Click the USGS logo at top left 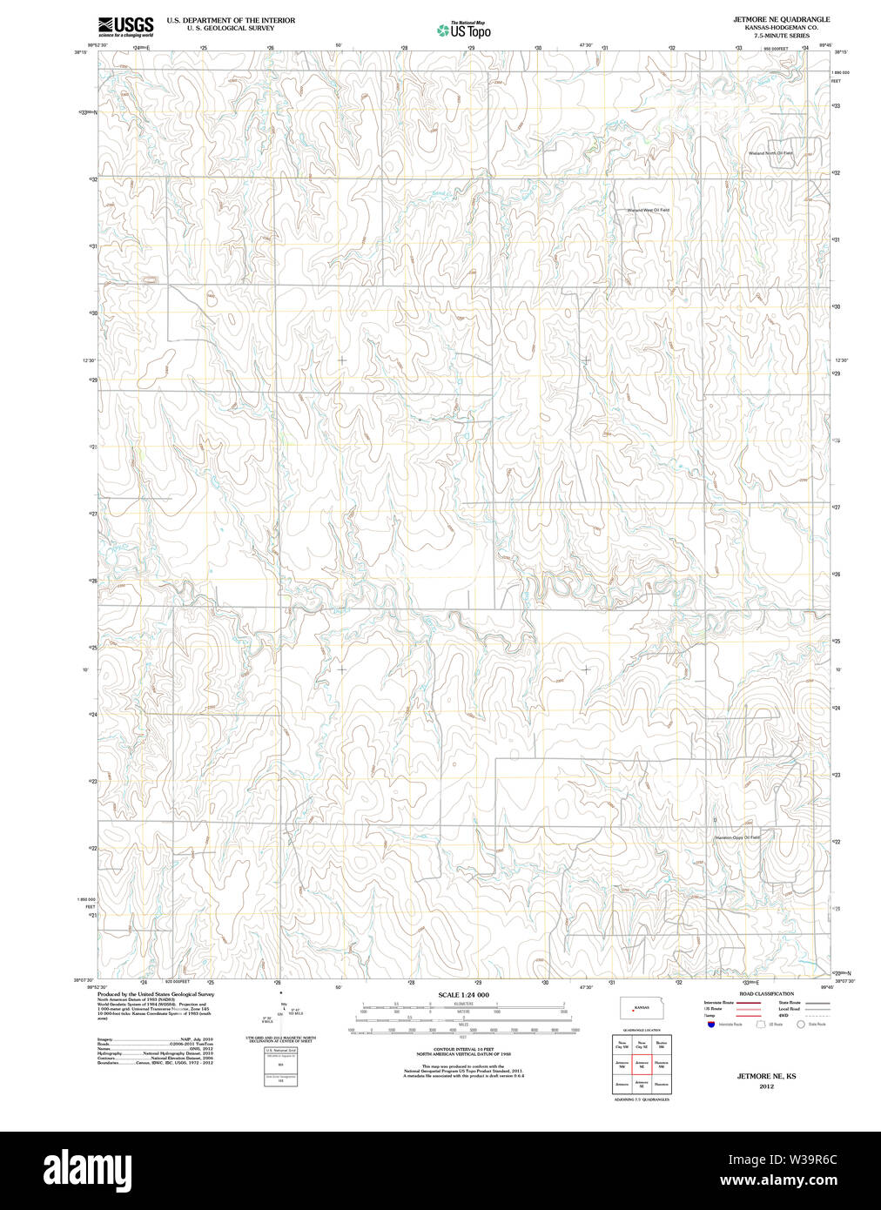click(x=125, y=26)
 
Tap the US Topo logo click(x=464, y=30)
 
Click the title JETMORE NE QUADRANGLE click(x=781, y=19)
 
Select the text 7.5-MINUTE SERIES click(x=781, y=36)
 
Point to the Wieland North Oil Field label click(x=770, y=153)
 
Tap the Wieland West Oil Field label click(x=648, y=210)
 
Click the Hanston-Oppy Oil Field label click(x=735, y=837)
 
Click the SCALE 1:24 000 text click(x=463, y=995)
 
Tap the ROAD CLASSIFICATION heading click(x=766, y=993)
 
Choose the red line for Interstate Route click(x=750, y=1003)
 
